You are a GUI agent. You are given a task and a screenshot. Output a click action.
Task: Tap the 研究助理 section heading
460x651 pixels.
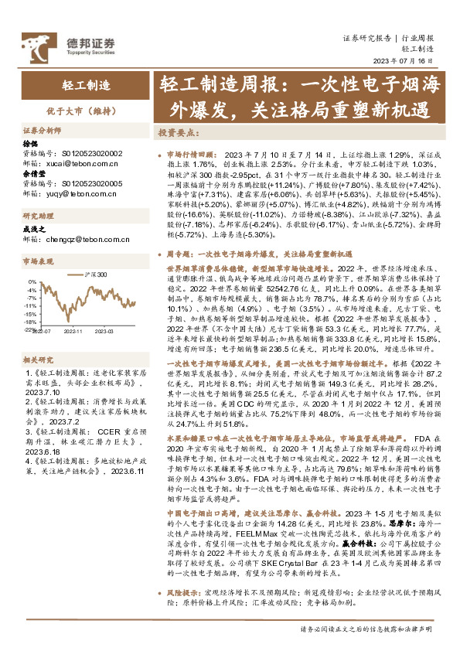pyautogui.click(x=38, y=216)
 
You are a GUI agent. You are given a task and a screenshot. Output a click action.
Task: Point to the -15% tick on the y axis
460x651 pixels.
pyautogui.click(x=31, y=315)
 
